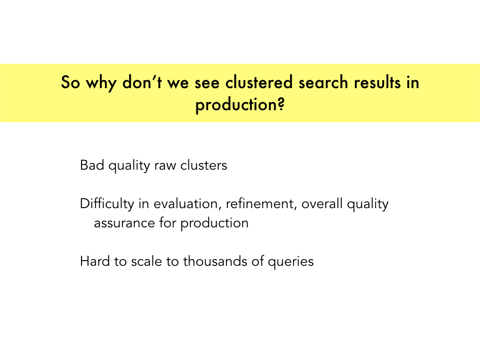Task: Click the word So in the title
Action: [70, 82]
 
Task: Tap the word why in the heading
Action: [101, 83]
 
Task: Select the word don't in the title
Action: [142, 82]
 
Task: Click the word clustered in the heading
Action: [259, 82]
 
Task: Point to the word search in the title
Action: [323, 82]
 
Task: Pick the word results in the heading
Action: [377, 82]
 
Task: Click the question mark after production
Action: [281, 104]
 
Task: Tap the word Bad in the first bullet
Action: [92, 165]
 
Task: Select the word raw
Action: [165, 166]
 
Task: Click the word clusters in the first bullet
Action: [203, 165]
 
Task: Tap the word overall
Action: [322, 204]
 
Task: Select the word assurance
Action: [124, 224]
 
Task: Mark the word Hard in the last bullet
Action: [95, 262]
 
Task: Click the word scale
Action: [146, 262]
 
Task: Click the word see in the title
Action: [207, 83]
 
